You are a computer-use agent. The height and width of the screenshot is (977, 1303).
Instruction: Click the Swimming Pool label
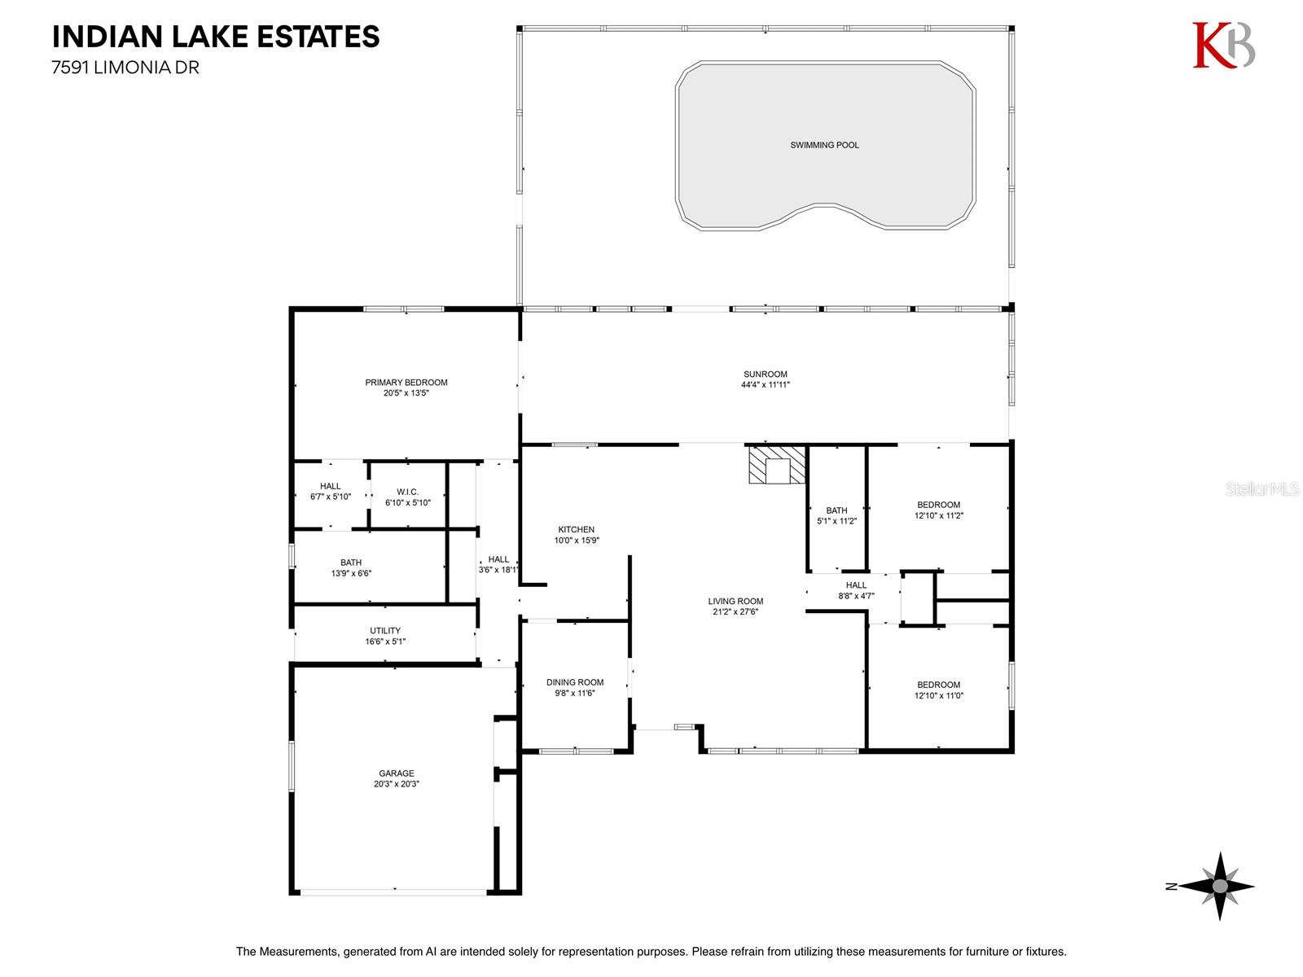point(824,145)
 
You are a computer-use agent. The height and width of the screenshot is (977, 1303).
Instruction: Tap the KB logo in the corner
point(1223,45)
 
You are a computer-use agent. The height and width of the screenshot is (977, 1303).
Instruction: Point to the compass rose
point(1218,887)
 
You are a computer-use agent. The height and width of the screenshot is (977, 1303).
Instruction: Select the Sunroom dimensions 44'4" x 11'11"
point(766,384)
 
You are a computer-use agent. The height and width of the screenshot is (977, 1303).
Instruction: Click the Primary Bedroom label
point(406,383)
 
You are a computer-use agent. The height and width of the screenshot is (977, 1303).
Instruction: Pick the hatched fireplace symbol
point(777,465)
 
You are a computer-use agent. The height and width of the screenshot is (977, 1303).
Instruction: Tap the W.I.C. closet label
point(407,492)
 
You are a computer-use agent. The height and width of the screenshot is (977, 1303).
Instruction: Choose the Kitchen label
point(576,529)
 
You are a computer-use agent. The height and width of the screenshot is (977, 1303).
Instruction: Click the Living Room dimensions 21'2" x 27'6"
point(735,611)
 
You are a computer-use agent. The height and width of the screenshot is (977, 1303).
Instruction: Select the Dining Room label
point(575,682)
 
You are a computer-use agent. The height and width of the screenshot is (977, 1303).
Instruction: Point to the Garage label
point(396,773)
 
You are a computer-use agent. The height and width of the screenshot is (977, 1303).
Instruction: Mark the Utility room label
point(384,630)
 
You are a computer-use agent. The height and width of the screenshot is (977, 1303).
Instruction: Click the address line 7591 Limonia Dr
point(125,68)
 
